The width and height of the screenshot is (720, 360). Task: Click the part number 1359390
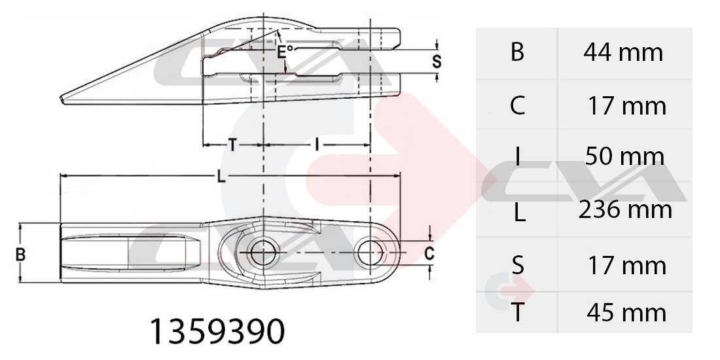point(217,331)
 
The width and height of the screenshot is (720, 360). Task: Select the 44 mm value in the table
point(623,52)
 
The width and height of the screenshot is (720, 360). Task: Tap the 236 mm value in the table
point(625,209)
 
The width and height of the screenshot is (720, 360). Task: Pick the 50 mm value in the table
point(624,156)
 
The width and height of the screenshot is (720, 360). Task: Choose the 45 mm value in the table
point(626,313)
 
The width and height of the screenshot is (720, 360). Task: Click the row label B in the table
point(517,52)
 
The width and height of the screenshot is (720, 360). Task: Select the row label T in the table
point(518,313)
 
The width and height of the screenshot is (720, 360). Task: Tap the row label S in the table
point(518,266)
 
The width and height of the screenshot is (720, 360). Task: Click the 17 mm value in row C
point(627,106)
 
